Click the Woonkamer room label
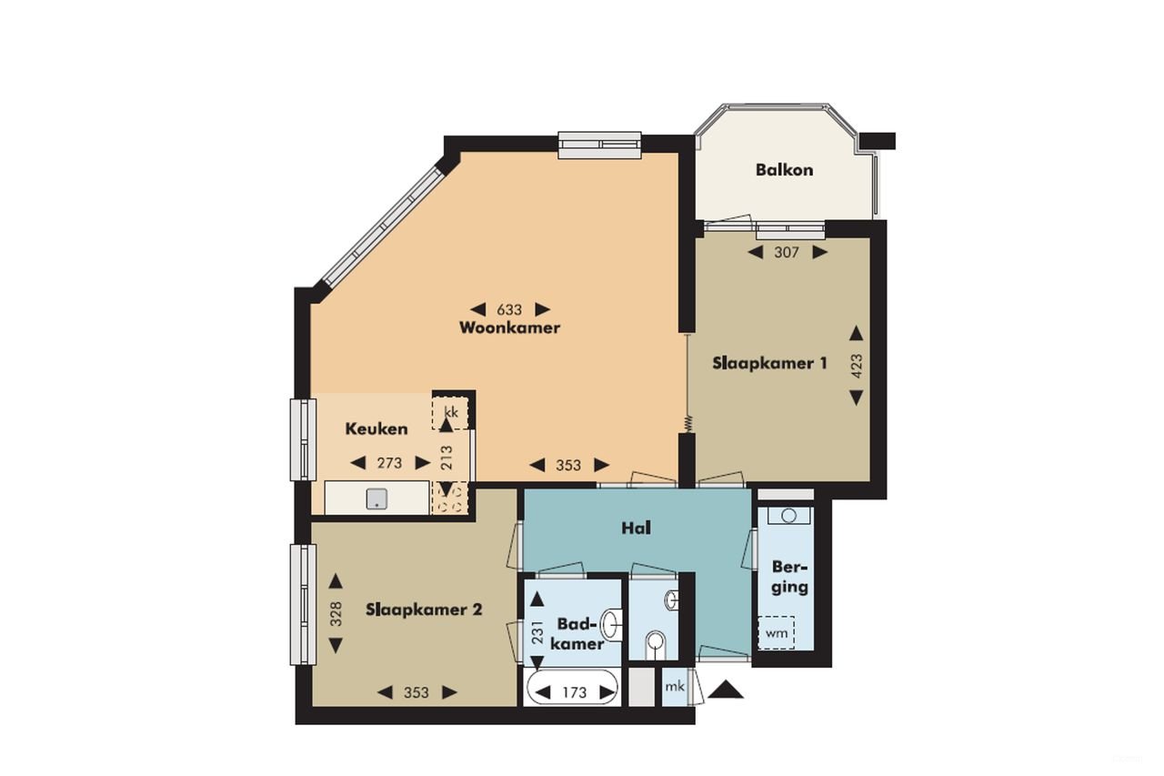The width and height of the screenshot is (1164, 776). (x=510, y=328)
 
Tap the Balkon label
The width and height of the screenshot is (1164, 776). (x=784, y=170)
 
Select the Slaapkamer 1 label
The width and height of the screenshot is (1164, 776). (x=768, y=363)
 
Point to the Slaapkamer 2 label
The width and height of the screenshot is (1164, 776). (x=423, y=610)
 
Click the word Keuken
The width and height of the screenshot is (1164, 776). (x=376, y=428)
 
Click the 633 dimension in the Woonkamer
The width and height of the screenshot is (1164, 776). (x=510, y=308)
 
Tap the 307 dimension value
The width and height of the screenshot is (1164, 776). (x=787, y=253)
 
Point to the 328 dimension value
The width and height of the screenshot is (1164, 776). (x=336, y=614)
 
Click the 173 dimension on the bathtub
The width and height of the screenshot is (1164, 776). (x=574, y=693)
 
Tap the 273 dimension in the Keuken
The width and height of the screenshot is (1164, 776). (x=389, y=463)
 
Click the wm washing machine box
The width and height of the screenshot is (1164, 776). (x=777, y=631)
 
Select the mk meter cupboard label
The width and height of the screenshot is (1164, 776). (x=674, y=686)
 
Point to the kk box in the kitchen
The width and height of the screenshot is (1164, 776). (x=450, y=411)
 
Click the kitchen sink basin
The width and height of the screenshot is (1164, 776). (x=376, y=499)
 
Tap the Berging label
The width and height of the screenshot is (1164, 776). (x=789, y=576)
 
